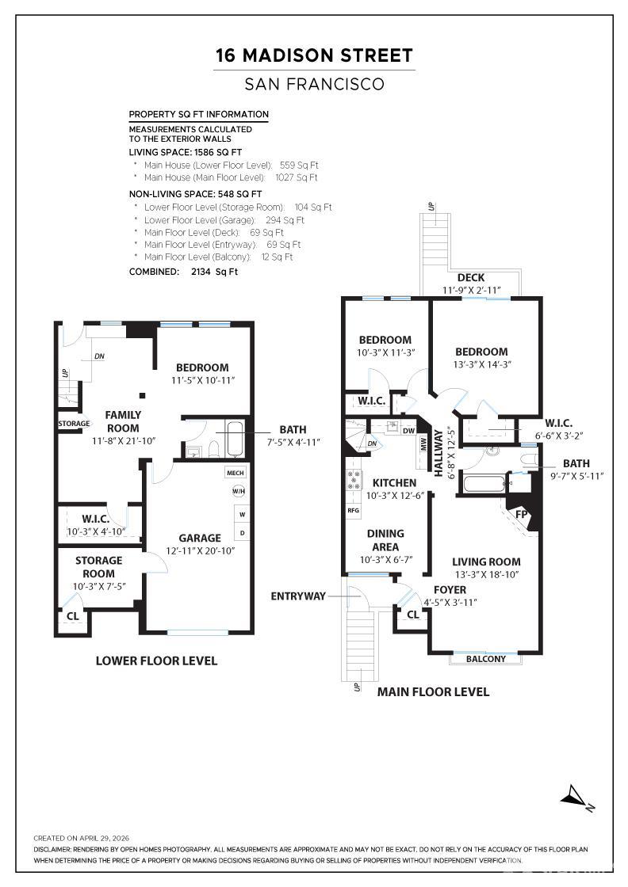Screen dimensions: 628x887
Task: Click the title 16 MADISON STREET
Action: coord(314,55)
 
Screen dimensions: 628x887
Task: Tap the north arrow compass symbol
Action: coord(577,798)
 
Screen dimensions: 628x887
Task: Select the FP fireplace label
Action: coord(522,514)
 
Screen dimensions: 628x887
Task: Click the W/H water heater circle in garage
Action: coord(239,491)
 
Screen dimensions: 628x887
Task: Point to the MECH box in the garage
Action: coord(235,473)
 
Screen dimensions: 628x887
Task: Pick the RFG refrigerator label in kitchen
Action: coord(354,510)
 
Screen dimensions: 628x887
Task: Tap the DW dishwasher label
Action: coord(409,431)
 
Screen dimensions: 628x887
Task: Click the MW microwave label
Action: coord(423,444)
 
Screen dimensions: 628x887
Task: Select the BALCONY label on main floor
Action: coord(486,659)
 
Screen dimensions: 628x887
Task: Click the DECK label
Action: coord(471,278)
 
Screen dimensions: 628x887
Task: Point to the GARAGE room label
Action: coord(200,538)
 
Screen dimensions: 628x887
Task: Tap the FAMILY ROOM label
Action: coord(123,421)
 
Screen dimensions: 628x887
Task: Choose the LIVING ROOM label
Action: coord(486,562)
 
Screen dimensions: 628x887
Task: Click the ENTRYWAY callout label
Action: coord(298,596)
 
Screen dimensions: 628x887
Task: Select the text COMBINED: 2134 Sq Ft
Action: coord(183,272)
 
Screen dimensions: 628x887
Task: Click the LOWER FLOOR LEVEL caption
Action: coord(156,660)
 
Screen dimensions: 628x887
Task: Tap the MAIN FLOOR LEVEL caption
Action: coord(433,692)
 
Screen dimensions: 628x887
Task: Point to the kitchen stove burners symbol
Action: coord(354,481)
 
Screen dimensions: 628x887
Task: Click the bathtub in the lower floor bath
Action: coord(235,439)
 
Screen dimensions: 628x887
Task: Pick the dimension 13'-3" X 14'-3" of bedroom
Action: coord(482,365)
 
